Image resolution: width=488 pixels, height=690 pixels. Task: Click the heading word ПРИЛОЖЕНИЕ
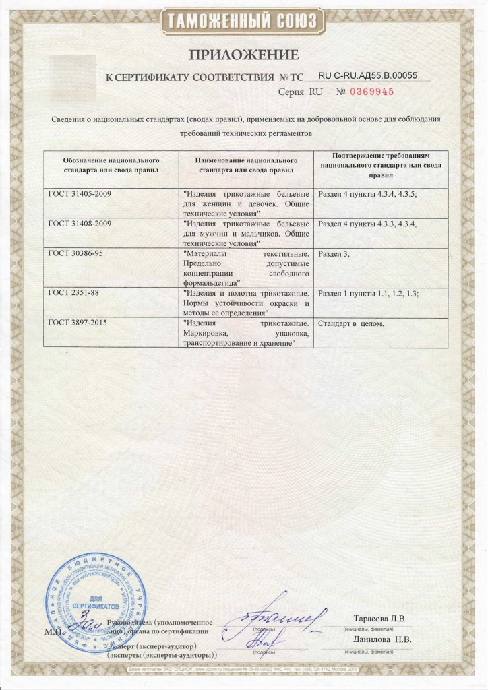click(243, 54)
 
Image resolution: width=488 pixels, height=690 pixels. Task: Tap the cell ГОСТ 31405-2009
click(79, 194)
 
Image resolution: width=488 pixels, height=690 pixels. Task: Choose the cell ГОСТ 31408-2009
click(79, 222)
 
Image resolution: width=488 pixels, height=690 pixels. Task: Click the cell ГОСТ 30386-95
click(75, 253)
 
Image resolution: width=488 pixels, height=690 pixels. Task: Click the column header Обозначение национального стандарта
click(111, 166)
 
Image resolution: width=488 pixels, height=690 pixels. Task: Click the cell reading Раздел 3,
click(335, 253)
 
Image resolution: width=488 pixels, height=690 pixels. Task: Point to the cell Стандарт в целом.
click(350, 323)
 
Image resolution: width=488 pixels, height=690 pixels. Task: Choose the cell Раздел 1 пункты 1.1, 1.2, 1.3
click(372, 294)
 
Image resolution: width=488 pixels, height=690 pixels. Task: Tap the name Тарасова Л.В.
click(380, 619)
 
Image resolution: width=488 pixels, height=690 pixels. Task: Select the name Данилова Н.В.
click(382, 639)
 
